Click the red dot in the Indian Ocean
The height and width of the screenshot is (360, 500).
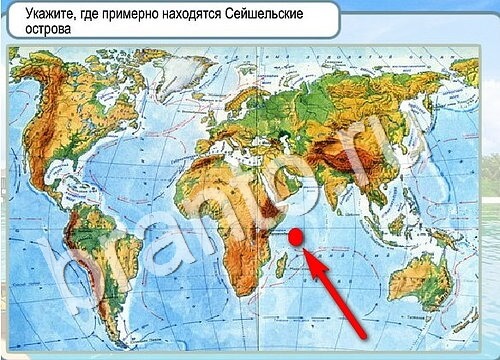pos(296,237)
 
